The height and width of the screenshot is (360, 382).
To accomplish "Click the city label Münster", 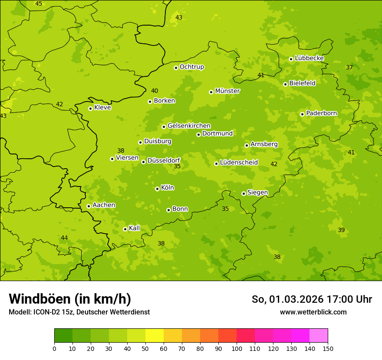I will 227,91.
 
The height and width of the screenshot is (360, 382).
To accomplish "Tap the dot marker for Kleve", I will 90,108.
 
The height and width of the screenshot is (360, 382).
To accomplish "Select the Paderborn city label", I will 321,113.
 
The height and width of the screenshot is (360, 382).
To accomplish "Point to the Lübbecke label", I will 309,58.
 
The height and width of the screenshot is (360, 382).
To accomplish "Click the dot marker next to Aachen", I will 89,206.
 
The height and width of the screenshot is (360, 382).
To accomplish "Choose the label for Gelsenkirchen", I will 189,126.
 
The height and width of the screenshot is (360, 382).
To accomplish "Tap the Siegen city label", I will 257,193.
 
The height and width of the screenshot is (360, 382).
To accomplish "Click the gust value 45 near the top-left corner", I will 39,4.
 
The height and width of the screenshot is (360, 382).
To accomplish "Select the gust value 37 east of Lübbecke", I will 349,67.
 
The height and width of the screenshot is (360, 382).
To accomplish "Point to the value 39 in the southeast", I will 341,230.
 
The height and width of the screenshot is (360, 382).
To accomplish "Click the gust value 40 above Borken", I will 155,91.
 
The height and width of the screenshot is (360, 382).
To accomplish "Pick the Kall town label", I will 134,228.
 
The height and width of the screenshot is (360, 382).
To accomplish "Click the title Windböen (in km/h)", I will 70,299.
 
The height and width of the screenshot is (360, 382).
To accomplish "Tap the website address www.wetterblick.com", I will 313,312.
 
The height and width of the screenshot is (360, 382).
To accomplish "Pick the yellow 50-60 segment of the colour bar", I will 155,336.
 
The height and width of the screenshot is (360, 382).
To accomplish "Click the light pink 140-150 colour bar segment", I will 319,336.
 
